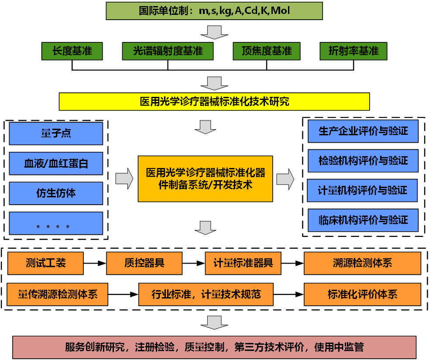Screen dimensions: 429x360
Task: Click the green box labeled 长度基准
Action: (72, 51)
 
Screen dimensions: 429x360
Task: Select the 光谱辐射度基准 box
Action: (168, 51)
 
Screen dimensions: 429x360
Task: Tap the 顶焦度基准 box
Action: (267, 51)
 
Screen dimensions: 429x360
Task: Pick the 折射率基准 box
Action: (353, 51)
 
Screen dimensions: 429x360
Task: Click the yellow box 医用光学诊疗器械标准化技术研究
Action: (214, 102)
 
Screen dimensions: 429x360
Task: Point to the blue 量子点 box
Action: (56, 134)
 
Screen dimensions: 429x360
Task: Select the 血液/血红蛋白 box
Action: (56, 163)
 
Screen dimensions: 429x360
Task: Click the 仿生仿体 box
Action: (56, 193)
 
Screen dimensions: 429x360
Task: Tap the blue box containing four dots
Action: (56, 223)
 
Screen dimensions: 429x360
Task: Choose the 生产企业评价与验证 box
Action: (363, 131)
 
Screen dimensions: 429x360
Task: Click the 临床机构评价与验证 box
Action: (363, 220)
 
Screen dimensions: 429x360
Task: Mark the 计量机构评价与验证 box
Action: (362, 190)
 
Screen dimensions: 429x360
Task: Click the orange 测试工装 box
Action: (45, 263)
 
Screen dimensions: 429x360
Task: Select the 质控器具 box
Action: (144, 263)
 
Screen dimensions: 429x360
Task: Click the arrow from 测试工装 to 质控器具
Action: (95, 263)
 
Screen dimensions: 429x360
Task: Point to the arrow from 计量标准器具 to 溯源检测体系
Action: (292, 263)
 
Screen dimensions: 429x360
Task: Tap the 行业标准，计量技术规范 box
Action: (206, 295)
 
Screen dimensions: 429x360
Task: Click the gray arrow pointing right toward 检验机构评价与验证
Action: (285, 179)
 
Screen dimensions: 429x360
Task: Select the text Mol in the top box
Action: (280, 10)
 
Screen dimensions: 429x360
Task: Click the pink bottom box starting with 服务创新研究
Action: (214, 347)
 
